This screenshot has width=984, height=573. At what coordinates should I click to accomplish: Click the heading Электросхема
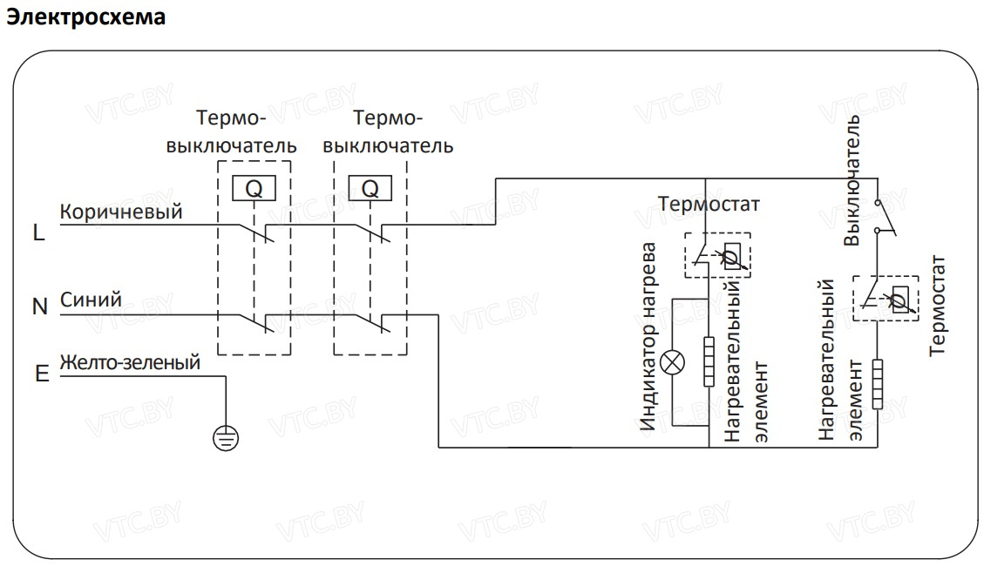click(85, 17)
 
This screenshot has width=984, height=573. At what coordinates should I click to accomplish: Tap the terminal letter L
click(38, 233)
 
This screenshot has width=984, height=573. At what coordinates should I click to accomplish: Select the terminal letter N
click(39, 307)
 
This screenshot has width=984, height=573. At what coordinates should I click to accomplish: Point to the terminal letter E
click(41, 374)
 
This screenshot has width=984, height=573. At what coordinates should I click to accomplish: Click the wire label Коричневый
click(120, 212)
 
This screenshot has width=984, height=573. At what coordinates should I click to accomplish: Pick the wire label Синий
click(91, 300)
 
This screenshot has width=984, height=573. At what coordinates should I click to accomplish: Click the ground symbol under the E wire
click(225, 436)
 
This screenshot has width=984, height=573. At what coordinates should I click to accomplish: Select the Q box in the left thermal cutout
click(254, 188)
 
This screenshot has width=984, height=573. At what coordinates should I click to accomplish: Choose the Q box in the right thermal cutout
click(370, 188)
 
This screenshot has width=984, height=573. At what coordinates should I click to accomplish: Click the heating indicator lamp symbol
click(671, 361)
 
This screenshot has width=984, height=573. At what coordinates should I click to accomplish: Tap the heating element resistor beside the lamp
click(709, 361)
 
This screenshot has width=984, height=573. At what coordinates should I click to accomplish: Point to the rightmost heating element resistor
click(877, 383)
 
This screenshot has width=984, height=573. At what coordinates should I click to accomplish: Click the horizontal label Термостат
click(709, 204)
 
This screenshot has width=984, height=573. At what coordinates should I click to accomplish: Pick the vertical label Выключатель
click(853, 179)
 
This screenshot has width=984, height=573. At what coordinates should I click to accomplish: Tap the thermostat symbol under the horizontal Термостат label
click(716, 254)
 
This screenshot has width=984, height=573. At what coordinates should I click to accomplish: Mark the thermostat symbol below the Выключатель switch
click(885, 298)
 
